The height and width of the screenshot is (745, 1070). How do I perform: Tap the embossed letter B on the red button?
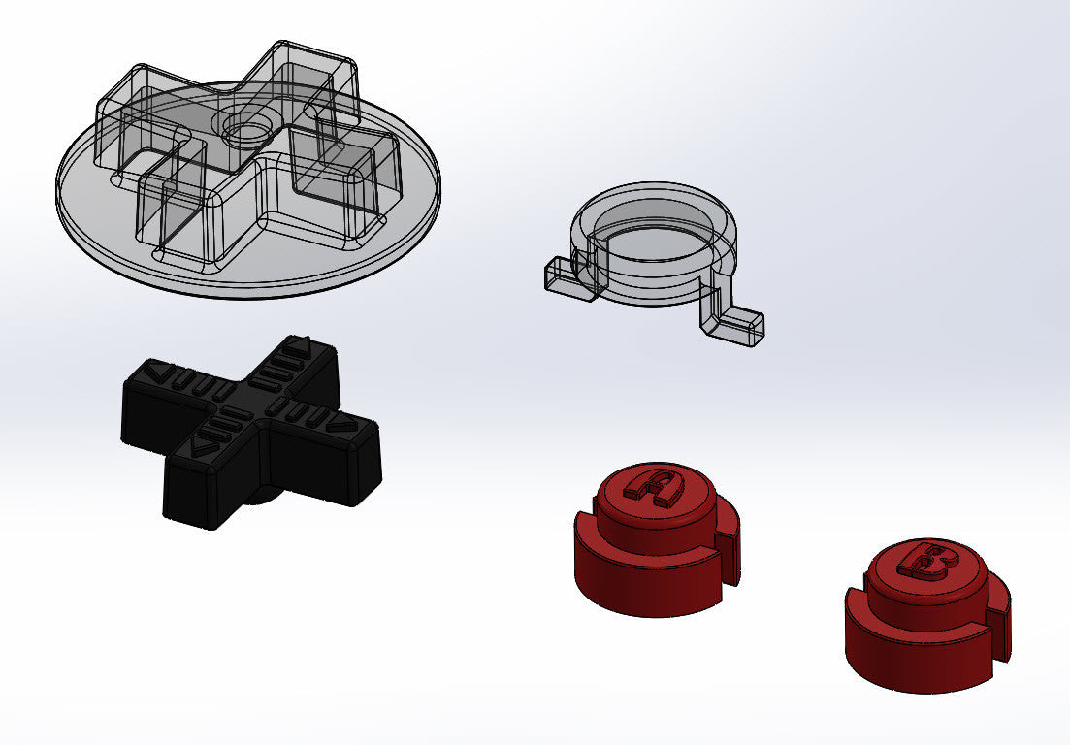[927, 560]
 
